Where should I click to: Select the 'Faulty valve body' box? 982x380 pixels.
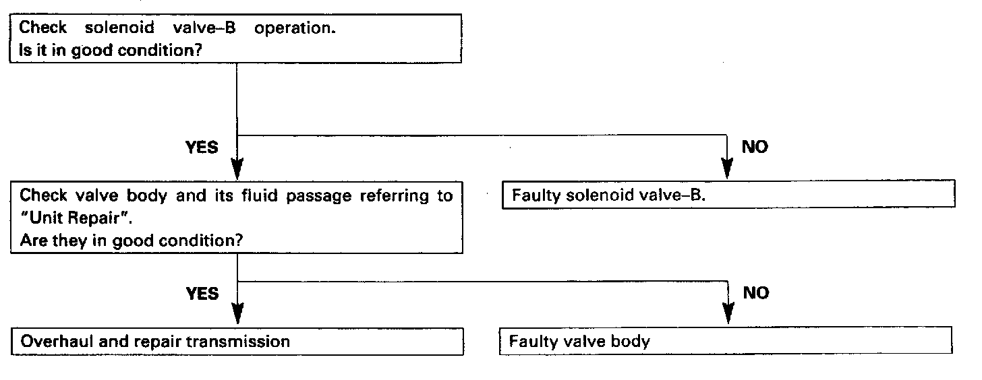tap(726, 341)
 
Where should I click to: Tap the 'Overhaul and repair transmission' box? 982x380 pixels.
tap(237, 341)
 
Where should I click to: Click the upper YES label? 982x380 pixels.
tap(202, 147)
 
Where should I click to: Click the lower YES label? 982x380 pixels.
tap(202, 293)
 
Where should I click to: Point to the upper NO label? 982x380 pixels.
tap(755, 147)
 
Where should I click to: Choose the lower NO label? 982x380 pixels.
tap(755, 293)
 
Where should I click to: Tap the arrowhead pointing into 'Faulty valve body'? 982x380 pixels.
tap(728, 314)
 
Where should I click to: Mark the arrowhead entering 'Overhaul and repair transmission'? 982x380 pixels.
tap(237, 314)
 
